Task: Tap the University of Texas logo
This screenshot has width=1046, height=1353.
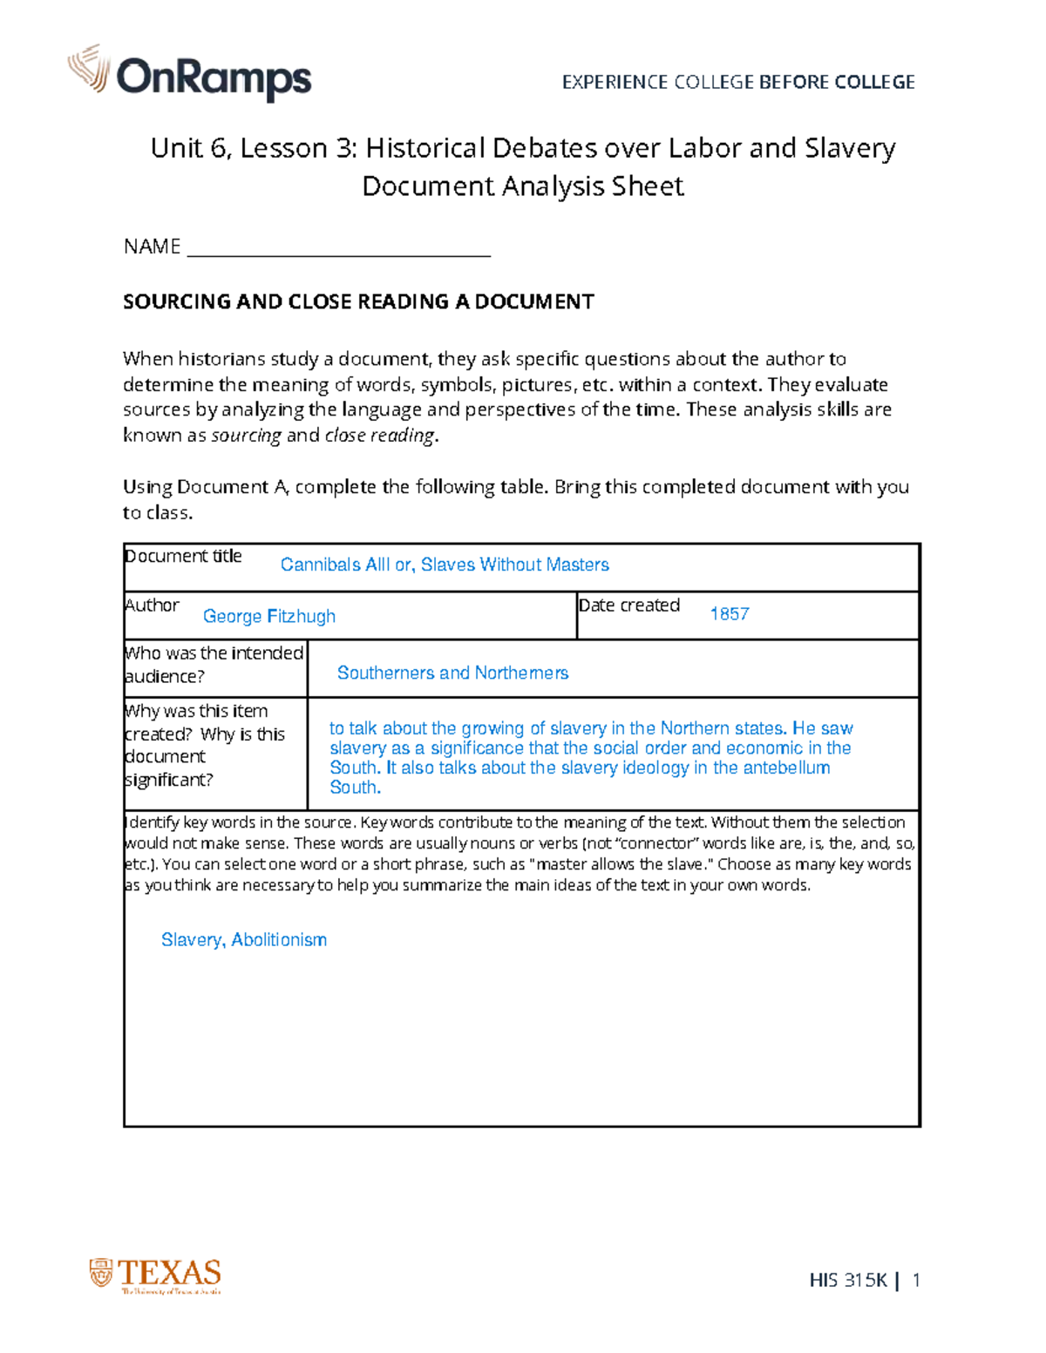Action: [155, 1275]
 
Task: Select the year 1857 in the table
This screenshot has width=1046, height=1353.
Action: [730, 614]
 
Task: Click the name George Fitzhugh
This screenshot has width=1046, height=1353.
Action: [268, 616]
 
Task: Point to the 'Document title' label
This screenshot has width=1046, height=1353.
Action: [183, 557]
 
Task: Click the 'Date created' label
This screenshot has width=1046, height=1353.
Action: [629, 605]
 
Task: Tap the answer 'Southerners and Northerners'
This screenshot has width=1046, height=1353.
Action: [452, 673]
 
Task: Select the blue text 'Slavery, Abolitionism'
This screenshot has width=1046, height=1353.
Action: [244, 940]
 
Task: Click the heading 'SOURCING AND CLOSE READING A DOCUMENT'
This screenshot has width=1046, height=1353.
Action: [358, 302]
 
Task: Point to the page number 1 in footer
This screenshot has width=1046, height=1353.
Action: [915, 1280]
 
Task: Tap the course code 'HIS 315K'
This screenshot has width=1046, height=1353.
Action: [847, 1280]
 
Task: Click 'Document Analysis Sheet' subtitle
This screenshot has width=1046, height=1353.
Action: [522, 186]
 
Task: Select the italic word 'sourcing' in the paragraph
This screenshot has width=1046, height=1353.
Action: [247, 435]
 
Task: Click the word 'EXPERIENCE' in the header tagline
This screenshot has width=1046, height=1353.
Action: [615, 83]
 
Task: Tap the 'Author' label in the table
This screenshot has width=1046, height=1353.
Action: [152, 605]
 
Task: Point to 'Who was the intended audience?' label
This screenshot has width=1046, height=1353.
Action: [214, 665]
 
